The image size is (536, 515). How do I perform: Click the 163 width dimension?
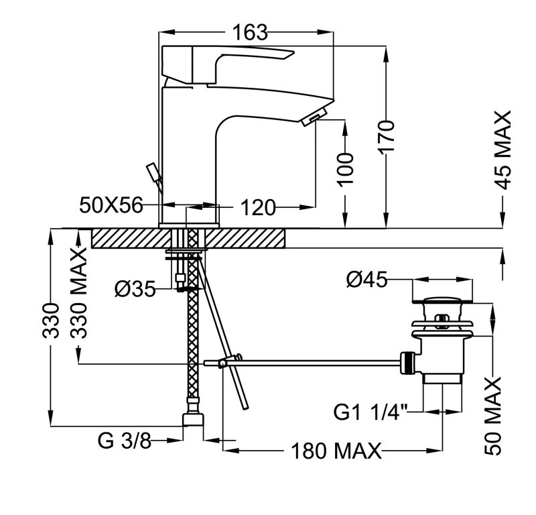point(249,32)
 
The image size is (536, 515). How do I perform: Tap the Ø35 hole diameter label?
point(135,289)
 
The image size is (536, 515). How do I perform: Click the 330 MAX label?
point(80,295)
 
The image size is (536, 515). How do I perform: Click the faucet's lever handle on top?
point(228,58)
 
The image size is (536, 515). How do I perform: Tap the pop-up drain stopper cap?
point(442,300)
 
